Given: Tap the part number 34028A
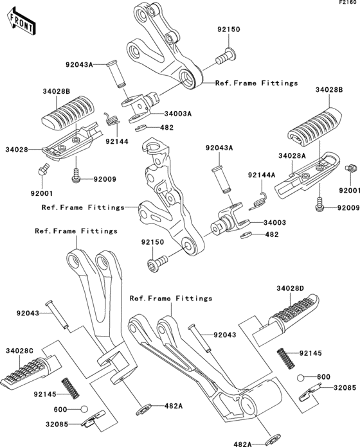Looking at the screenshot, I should click(291, 156).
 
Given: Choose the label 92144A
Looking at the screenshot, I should click(262, 175).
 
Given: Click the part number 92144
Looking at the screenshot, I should click(116, 141).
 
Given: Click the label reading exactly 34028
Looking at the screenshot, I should click(16, 149).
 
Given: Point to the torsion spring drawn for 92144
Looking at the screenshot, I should click(112, 119).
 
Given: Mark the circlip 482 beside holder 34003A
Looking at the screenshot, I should click(147, 128).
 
